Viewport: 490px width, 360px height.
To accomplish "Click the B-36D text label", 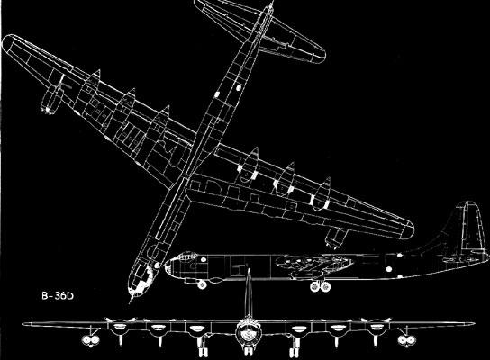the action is pos(58,296).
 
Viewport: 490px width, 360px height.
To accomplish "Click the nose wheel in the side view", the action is pos(202,284).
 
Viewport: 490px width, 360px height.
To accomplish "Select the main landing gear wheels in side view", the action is pos(321,286).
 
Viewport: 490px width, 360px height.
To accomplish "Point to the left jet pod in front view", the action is pos(91,340).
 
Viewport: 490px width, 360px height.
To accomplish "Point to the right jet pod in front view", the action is pos(406,340).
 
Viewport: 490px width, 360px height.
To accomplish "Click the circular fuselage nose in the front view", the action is pos(249,333).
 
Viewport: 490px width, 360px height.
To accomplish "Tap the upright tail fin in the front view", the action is pos(249,293).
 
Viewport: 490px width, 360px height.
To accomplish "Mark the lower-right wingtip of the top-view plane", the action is pos(410,230).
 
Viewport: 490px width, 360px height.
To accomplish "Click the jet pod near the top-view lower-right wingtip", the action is pos(335,238).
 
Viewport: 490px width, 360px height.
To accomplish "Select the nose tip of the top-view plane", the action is pos(131,301).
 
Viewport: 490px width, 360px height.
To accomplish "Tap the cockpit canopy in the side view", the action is pos(186,256).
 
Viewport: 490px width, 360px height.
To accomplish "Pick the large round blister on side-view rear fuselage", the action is pos(389,269).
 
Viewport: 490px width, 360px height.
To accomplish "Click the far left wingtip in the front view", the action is pos(23,324).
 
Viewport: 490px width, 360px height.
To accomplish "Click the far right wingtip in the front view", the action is pos(474,324).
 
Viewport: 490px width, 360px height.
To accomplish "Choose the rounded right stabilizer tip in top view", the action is pos(321,57).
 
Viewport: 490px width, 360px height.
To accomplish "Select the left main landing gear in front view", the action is pos(202,347).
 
